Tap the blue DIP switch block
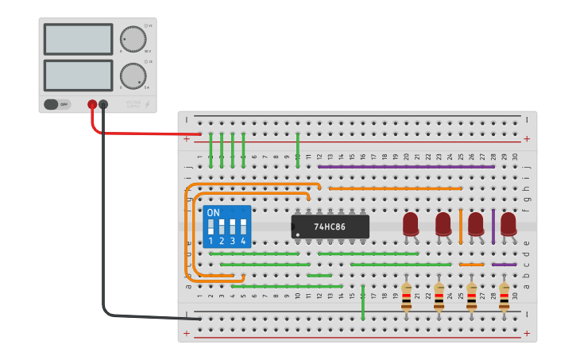click(x=227, y=226)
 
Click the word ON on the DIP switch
click(x=213, y=213)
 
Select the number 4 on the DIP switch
click(x=243, y=241)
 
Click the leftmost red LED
click(x=411, y=224)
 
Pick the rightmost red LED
click(x=508, y=224)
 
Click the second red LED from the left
click(x=443, y=224)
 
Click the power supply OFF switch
click(x=57, y=104)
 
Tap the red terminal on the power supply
click(x=92, y=104)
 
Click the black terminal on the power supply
click(x=103, y=104)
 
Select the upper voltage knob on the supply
click(x=133, y=38)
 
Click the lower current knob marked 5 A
click(x=133, y=75)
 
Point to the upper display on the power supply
click(x=79, y=39)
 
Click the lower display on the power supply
click(x=79, y=75)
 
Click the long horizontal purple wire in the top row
click(x=405, y=166)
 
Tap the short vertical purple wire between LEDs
click(x=493, y=226)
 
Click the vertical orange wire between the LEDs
click(x=461, y=226)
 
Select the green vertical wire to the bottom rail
click(x=363, y=302)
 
